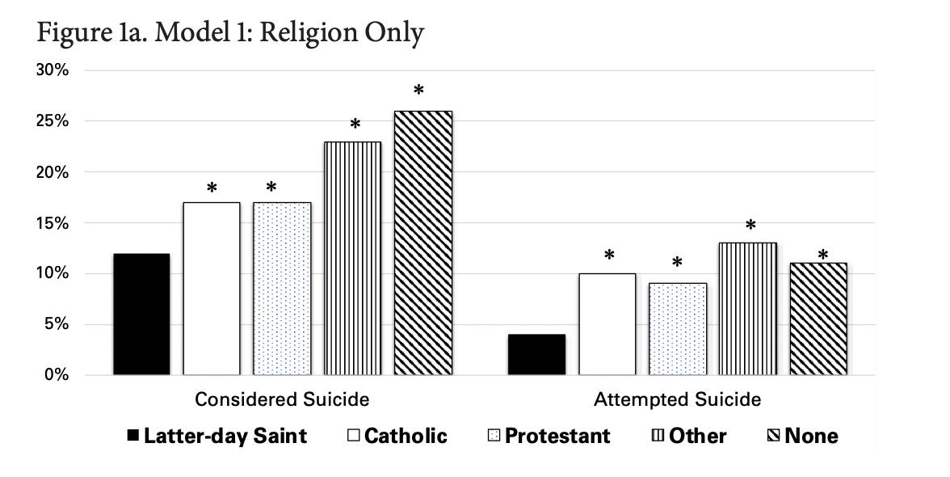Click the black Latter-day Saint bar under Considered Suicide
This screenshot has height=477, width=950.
point(141,314)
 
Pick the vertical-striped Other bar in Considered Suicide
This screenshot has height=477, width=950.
point(353,259)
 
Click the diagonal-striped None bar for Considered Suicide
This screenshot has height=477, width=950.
point(422,243)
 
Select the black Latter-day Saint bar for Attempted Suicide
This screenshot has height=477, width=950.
point(536,355)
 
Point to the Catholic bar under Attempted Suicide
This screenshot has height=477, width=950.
point(607,324)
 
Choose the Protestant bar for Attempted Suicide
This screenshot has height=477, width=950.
point(677,329)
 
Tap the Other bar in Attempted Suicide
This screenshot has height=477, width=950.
point(748,309)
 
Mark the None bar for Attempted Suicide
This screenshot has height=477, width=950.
point(818,319)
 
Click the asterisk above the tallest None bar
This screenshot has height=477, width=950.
point(418,90)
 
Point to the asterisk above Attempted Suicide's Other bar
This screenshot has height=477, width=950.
point(750,225)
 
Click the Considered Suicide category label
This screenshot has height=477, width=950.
point(282,399)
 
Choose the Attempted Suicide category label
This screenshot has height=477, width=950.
point(677,399)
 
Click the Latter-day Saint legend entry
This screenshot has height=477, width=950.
point(216,437)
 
